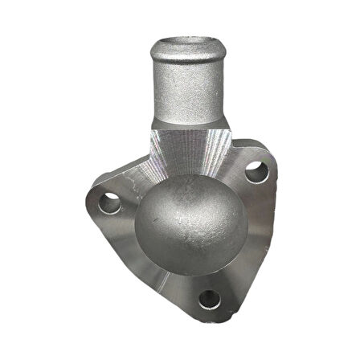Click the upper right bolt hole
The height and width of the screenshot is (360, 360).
[256, 171]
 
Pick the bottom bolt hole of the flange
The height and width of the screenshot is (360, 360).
[209, 299]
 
